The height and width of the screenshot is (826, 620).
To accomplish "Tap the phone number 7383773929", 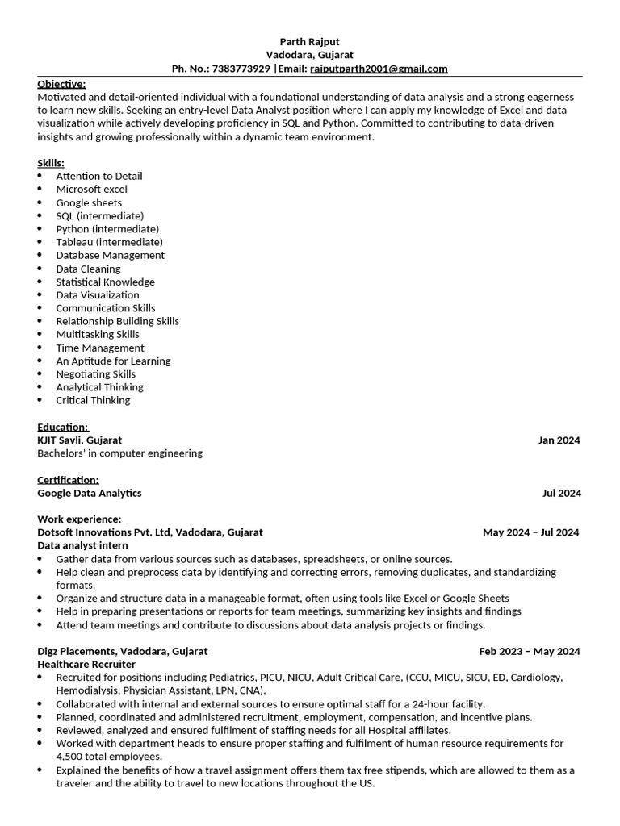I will pyautogui.click(x=241, y=69).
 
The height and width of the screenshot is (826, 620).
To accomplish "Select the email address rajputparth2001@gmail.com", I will pyautogui.click(x=379, y=69).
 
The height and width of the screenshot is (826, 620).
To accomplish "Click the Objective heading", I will pyautogui.click(x=61, y=84).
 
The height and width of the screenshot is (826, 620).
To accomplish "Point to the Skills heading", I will pyautogui.click(x=51, y=163).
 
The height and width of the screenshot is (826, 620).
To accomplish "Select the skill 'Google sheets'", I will pyautogui.click(x=89, y=202).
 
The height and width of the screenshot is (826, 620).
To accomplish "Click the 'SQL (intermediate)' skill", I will pyautogui.click(x=99, y=215).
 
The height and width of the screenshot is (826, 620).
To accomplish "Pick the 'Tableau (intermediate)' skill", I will pyautogui.click(x=109, y=242).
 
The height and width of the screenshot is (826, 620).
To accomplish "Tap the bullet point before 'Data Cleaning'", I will pyautogui.click(x=40, y=269).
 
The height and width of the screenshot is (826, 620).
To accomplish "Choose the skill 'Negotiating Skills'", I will pyautogui.click(x=95, y=373).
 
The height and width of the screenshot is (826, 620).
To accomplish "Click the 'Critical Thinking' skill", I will pyautogui.click(x=93, y=400).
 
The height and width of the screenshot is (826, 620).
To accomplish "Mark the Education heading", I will pyautogui.click(x=63, y=427).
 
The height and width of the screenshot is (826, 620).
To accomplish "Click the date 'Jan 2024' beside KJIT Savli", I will pyautogui.click(x=559, y=440).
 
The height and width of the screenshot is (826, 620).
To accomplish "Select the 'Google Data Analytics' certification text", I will pyautogui.click(x=89, y=493).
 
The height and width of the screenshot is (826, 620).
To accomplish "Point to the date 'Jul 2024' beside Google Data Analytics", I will pyautogui.click(x=561, y=493).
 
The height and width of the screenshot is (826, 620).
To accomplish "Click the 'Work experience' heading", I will pyautogui.click(x=79, y=519).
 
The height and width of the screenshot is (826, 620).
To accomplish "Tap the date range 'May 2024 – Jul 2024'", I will pyautogui.click(x=530, y=532).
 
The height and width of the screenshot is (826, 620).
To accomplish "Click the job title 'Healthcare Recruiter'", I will pyautogui.click(x=86, y=664).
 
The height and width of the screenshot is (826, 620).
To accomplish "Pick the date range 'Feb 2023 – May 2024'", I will pyautogui.click(x=529, y=651).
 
